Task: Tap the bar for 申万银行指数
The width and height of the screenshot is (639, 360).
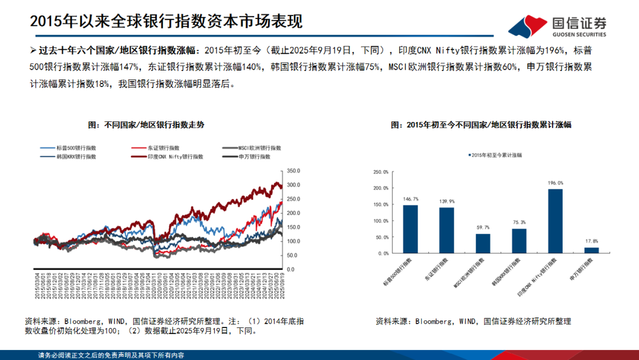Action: [591, 250]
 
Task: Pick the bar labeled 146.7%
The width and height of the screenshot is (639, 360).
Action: [411, 229]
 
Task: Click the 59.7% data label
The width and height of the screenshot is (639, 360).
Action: [483, 227]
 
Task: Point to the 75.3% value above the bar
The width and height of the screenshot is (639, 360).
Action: [519, 223]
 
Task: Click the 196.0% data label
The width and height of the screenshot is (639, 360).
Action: [555, 183]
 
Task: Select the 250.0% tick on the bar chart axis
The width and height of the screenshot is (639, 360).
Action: [380, 172]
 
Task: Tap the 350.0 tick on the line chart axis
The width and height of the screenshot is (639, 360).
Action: [294, 171]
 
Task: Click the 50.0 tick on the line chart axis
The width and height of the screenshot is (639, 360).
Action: [293, 255]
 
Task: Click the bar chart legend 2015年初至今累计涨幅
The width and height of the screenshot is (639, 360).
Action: [492, 155]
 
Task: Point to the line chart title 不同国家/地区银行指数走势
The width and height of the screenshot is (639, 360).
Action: [146, 125]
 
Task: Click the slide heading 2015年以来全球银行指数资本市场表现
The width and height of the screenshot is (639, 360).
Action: [166, 21]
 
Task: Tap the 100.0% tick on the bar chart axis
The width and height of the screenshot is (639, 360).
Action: [380, 221]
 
